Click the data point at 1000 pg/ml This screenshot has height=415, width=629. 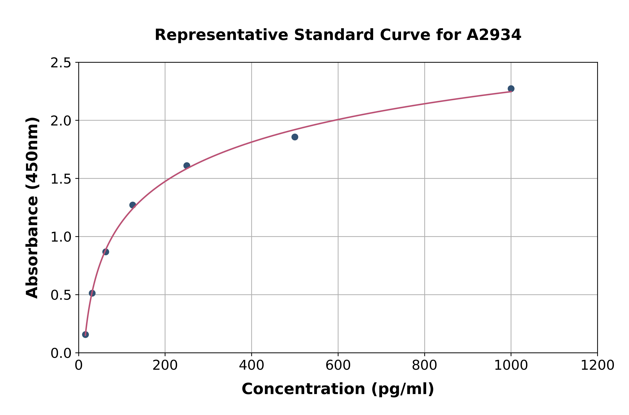coord(511,89)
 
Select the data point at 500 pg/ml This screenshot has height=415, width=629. coord(295,137)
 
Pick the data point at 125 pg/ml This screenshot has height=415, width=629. coord(133,205)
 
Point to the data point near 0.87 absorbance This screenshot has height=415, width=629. coord(106,252)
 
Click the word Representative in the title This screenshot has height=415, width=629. coord(221,35)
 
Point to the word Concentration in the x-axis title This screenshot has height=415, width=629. coord(303,389)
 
